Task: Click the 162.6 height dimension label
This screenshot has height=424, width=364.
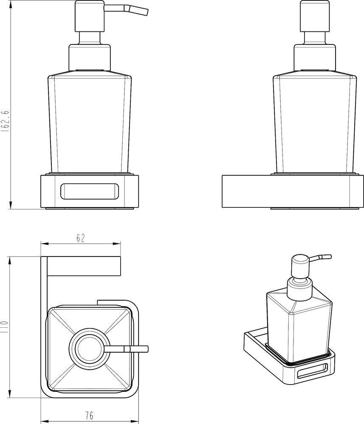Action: (6, 120)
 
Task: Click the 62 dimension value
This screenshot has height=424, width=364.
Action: (80, 238)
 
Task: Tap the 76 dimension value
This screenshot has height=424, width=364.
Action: (89, 415)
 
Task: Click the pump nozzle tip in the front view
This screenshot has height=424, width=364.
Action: (147, 12)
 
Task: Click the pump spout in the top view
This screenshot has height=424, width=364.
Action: (126, 349)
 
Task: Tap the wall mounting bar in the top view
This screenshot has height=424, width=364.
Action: (84, 266)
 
